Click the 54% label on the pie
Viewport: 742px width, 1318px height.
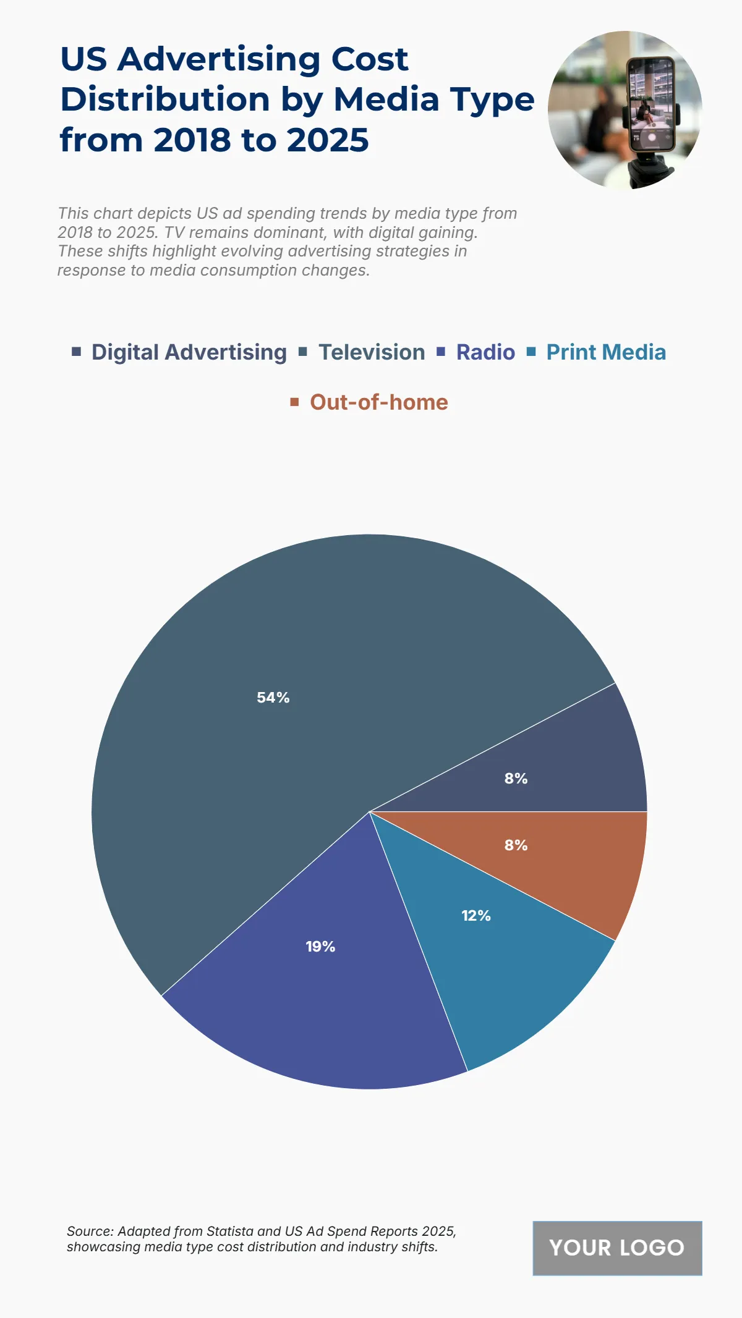tap(273, 698)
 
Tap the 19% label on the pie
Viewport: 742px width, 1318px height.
tap(320, 947)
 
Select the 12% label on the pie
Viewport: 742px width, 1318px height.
tap(476, 916)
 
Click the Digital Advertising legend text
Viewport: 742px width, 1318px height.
tap(189, 352)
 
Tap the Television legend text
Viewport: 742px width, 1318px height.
tap(372, 352)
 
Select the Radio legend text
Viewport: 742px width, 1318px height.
tap(485, 352)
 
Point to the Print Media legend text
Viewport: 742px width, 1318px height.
tap(606, 352)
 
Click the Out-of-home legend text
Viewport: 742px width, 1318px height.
tap(378, 402)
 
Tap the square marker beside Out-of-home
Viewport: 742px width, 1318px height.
tap(295, 402)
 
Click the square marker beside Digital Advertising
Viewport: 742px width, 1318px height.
tap(77, 352)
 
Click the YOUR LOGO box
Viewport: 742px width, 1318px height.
tap(617, 1248)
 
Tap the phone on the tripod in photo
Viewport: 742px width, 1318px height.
tap(650, 105)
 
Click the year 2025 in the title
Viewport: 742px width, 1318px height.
tap(328, 140)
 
